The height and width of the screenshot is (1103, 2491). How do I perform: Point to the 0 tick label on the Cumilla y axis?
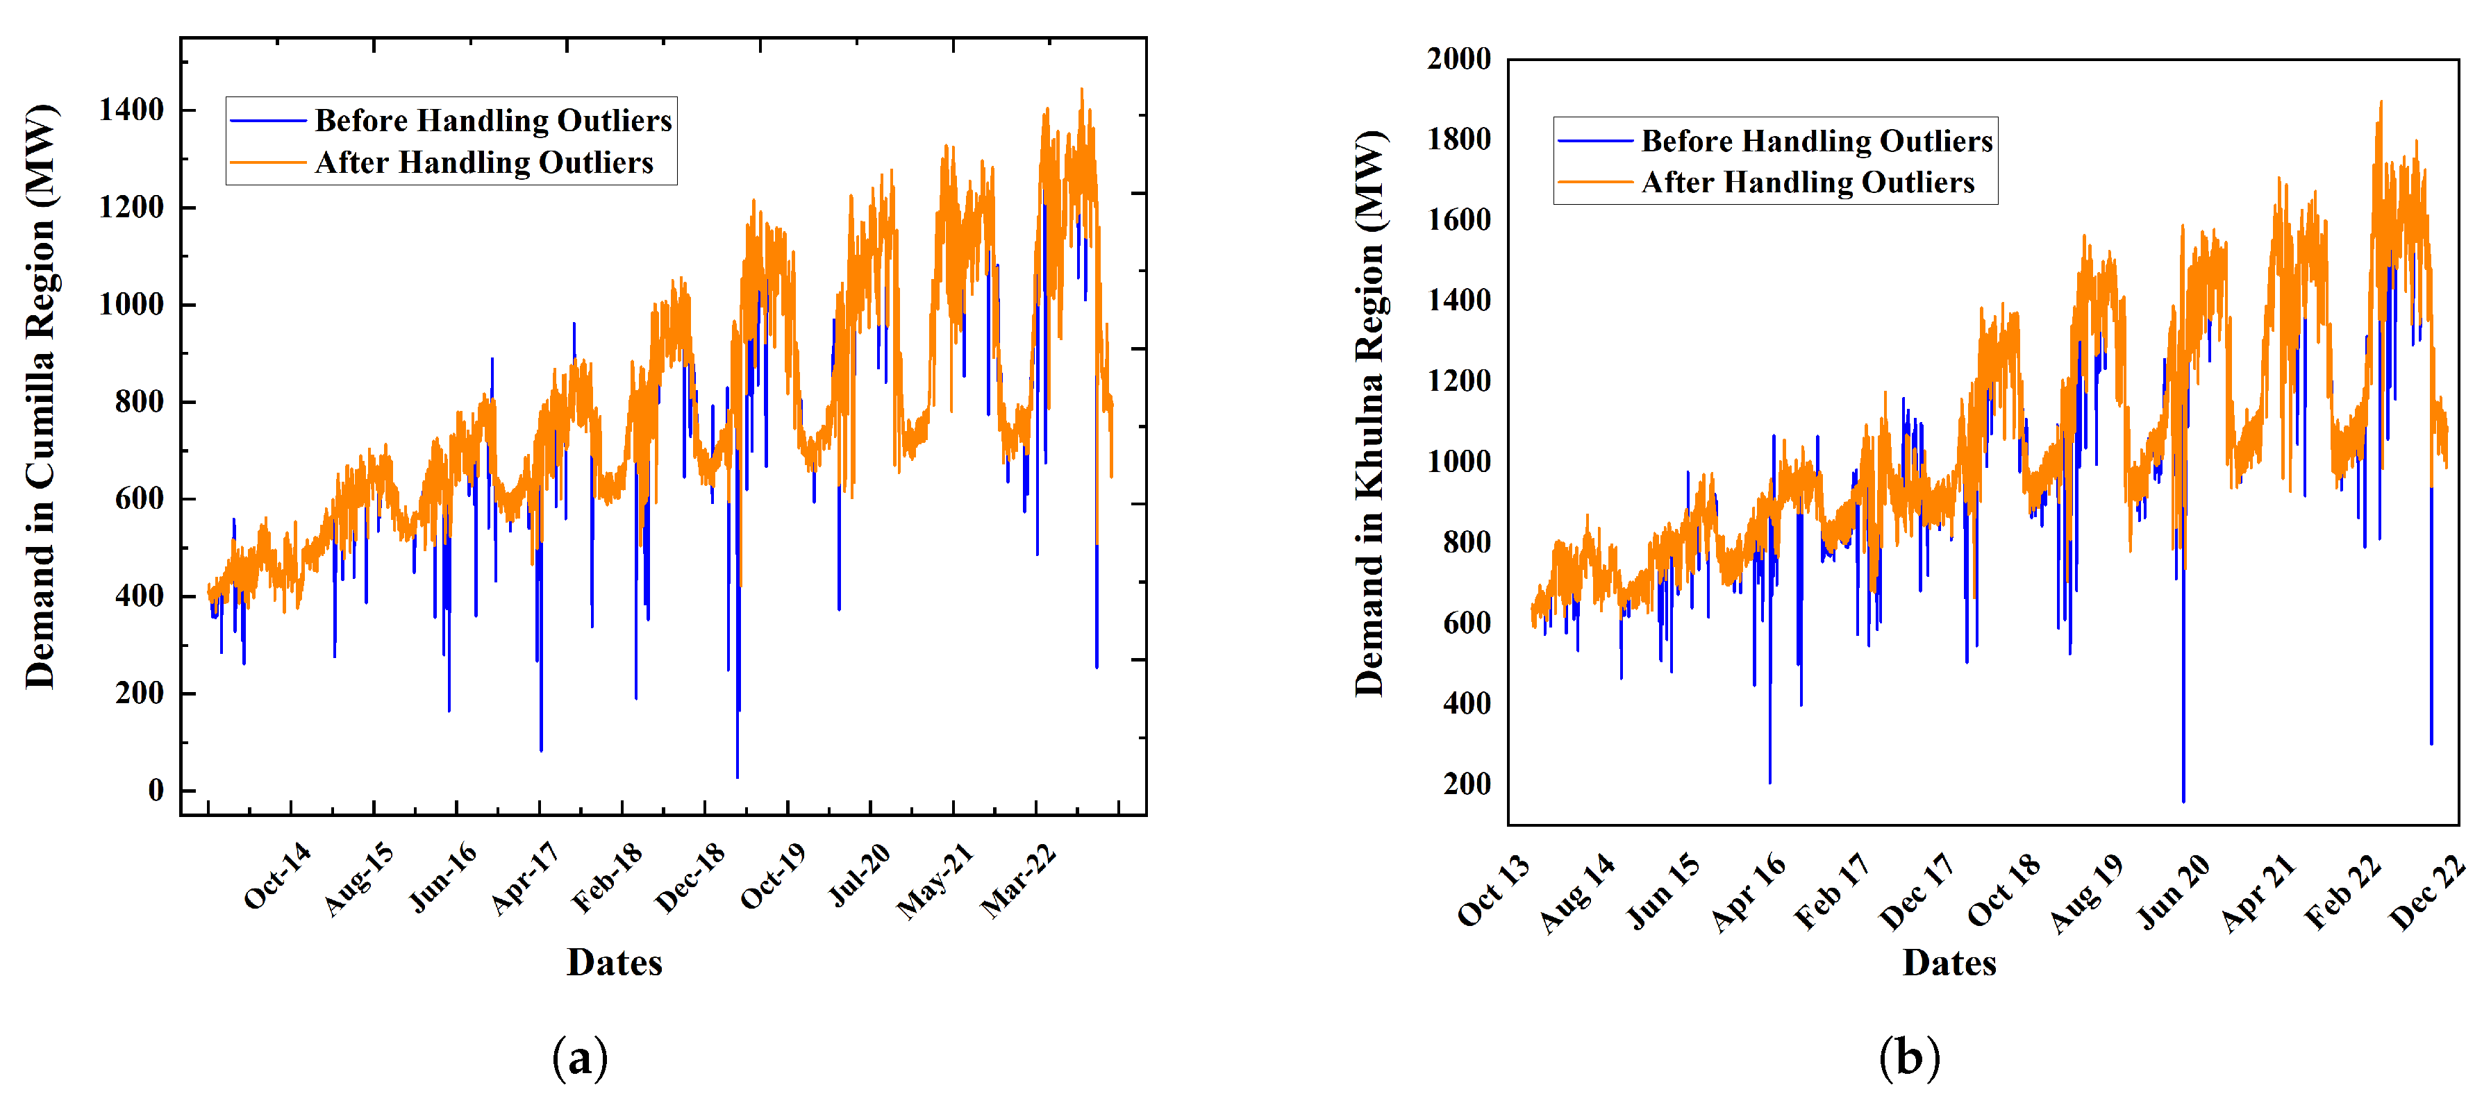point(156,790)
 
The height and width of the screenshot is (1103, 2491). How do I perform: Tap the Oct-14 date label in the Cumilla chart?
point(278,876)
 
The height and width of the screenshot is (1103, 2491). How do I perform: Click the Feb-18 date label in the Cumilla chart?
point(607,878)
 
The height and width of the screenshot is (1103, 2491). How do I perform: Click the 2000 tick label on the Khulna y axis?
point(1458,58)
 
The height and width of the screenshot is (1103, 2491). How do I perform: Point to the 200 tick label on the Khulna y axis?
point(1466,783)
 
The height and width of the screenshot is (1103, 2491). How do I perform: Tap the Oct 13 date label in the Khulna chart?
point(1494,891)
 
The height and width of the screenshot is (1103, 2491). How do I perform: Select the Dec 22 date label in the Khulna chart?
point(2427,893)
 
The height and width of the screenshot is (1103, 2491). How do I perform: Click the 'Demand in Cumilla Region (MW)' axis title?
point(40,396)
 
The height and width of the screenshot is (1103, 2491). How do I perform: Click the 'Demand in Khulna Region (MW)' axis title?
point(1369,414)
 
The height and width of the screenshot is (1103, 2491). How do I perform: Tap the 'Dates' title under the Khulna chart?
point(1949,963)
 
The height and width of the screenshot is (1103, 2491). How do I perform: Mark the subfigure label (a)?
point(580,1058)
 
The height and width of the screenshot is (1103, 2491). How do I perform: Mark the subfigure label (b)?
point(1909,1058)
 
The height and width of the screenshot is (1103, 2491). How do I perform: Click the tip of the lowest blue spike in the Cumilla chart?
point(737,776)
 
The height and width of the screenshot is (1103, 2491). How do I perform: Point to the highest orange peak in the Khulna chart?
point(2380,101)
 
